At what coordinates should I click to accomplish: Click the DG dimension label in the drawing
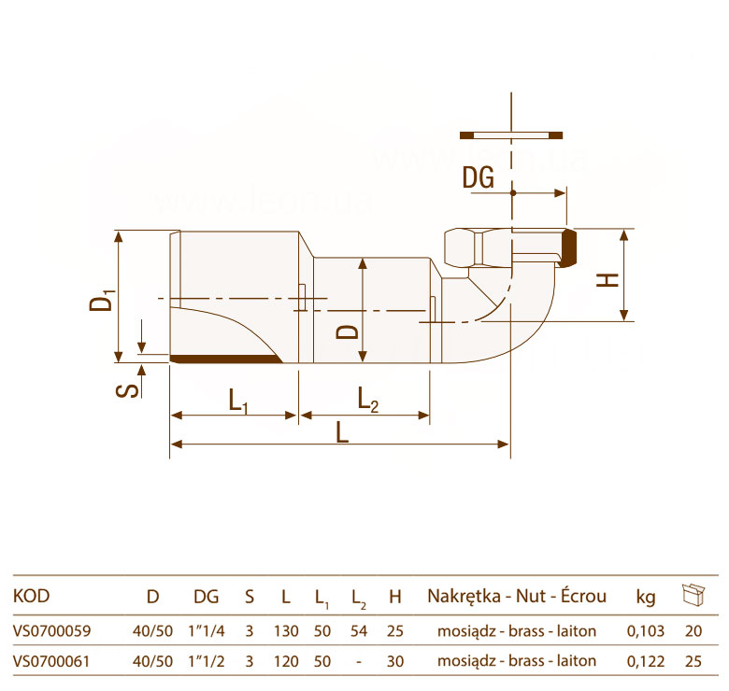pos(478,177)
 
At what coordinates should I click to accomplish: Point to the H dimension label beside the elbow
pos(607,280)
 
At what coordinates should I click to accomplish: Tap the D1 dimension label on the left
pos(102,300)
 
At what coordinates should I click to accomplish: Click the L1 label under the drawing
pos(238,401)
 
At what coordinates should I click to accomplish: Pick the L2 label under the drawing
pos(368,400)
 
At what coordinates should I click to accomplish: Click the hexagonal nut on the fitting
pos(464,247)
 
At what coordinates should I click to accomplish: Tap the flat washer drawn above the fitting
pos(511,135)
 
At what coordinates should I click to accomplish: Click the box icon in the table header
pos(693,595)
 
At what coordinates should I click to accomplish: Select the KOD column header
pos(31,596)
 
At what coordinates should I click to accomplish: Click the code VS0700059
pos(52,631)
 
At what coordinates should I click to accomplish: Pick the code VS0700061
pos(51,661)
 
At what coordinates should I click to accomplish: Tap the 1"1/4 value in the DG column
pos(207,631)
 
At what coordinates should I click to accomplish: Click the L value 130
pos(286,631)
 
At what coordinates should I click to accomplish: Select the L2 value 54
pos(359,631)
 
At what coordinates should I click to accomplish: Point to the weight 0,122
pos(646,661)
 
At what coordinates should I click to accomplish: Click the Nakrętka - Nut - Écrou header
pos(517,596)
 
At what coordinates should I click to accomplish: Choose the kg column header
pos(646,598)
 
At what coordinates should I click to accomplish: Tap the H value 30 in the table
pos(395,661)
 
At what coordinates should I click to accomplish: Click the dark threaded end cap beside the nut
pos(569,247)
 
